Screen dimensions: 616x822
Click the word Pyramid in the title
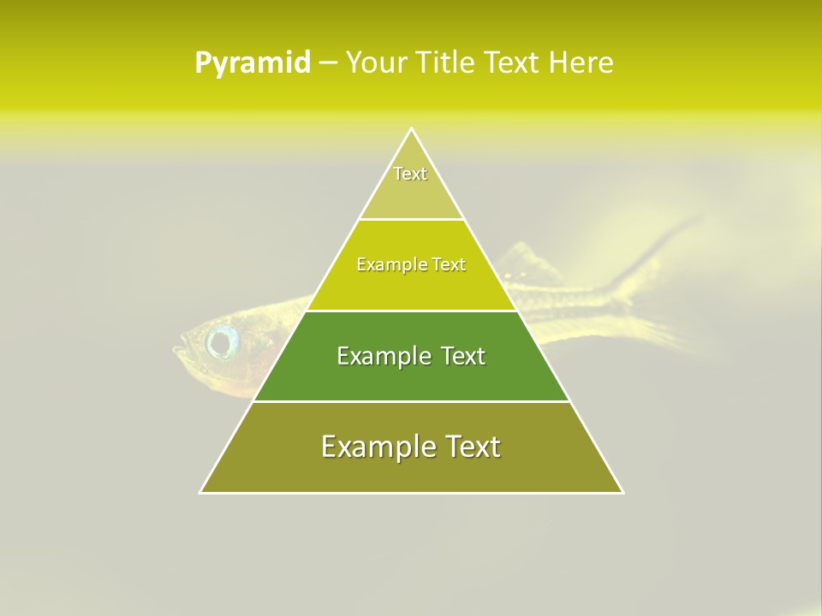[x=253, y=63]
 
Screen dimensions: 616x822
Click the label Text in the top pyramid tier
[x=410, y=174]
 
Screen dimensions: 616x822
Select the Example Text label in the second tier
[x=411, y=264]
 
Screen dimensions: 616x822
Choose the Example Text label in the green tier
[x=411, y=356]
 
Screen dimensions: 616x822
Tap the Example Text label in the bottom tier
[x=411, y=447]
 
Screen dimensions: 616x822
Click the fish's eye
[x=223, y=342]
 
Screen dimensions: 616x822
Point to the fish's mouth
[x=178, y=349]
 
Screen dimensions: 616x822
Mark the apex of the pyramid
[x=412, y=129]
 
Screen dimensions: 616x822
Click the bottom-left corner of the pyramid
[x=201, y=492]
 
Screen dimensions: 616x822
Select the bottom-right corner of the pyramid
[x=622, y=492]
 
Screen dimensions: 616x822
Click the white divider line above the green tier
[x=411, y=311]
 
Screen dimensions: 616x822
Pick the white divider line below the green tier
[x=411, y=401]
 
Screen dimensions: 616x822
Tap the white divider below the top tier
[x=411, y=220]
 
